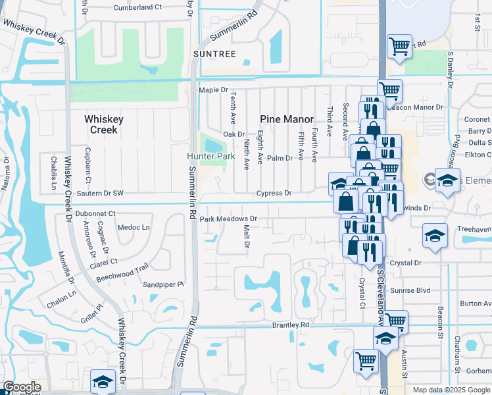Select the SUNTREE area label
pos(214,53)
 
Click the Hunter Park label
pos(211,156)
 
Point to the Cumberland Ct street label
pos(137,7)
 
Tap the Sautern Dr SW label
pos(100,194)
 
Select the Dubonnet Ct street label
pos(95,213)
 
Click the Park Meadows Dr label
pos(228,219)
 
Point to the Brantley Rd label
pos(291,325)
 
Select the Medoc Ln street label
pos(134,228)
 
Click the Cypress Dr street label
pos(274,194)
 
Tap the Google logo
pos(22,387)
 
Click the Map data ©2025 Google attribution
pos(452,390)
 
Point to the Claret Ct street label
pos(103,262)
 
